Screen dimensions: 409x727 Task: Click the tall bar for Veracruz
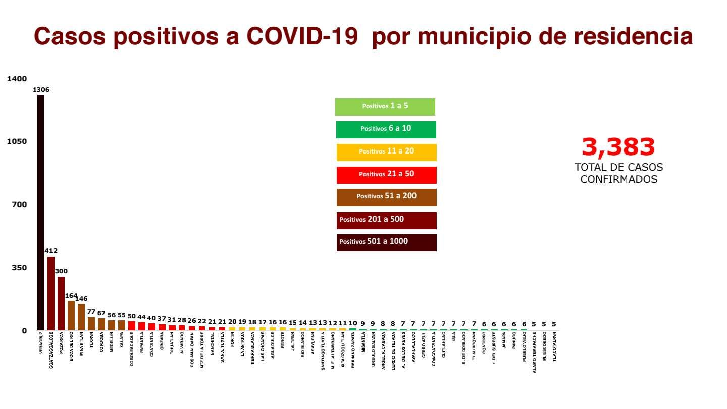coord(41,212)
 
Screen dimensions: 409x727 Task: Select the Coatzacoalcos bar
coord(51,293)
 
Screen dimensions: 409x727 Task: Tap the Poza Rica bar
coord(61,303)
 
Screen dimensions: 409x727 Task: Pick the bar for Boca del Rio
coord(71,316)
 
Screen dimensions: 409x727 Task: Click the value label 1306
coord(41,90)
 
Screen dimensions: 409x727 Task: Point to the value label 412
coord(51,251)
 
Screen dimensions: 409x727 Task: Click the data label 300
coord(61,271)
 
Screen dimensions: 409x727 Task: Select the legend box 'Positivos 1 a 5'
coord(385,107)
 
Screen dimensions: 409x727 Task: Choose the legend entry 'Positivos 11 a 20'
coord(386,151)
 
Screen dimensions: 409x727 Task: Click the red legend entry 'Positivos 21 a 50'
coord(386,174)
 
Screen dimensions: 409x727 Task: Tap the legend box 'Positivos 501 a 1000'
coord(386,242)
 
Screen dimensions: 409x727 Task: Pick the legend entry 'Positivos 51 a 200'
coord(386,196)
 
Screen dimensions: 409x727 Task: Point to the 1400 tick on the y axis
coord(17,79)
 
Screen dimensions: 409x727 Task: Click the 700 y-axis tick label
coord(19,205)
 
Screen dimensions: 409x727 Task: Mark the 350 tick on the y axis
coord(19,268)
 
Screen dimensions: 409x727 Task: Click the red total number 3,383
coord(618,147)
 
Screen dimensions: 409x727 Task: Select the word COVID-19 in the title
coord(302,37)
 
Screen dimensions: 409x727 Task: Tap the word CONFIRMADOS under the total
coord(618,179)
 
